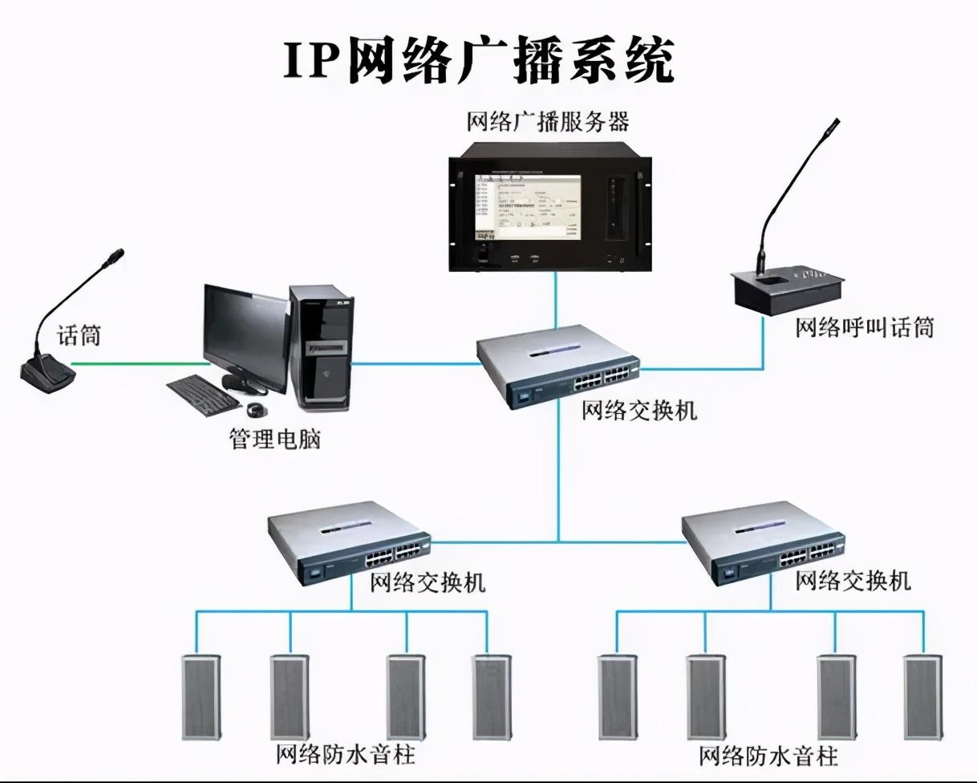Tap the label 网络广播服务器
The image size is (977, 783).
[548, 122]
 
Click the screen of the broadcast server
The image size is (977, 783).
[525, 206]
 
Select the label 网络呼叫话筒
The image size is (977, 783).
[865, 327]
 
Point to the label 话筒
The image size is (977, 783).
[79, 335]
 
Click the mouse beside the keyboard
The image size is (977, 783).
[257, 411]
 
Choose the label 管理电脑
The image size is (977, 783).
[275, 440]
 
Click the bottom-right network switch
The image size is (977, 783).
[760, 539]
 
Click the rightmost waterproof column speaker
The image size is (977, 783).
[922, 696]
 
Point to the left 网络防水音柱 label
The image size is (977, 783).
[346, 755]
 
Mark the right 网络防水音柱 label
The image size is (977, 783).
[768, 756]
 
